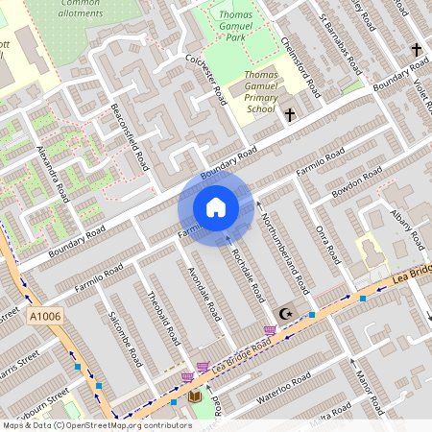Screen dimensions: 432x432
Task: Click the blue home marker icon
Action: pos(216,207)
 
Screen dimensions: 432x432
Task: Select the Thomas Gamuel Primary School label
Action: pos(260,91)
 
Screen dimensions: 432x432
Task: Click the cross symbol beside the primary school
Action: pos(290,114)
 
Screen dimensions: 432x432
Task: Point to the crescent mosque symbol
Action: pos(283,313)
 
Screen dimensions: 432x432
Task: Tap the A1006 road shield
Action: pos(45,316)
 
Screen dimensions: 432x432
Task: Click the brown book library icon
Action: pos(195,396)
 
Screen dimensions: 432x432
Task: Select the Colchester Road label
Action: pos(205,78)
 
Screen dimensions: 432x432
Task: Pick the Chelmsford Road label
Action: pos(300,67)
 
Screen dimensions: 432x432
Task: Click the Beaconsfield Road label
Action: pos(131,137)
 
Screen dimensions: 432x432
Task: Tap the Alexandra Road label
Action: pos(53,173)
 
